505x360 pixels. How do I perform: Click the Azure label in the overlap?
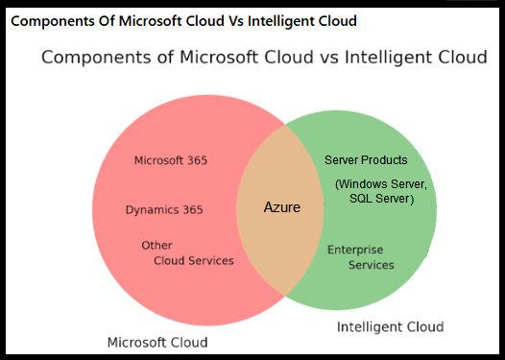coord(282,207)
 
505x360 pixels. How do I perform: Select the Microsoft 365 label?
coord(170,160)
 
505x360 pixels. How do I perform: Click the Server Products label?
coord(366,160)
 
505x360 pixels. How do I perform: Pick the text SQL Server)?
coord(381,199)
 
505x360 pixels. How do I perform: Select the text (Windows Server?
coord(381,183)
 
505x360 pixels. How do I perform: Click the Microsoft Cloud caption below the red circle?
coord(156,342)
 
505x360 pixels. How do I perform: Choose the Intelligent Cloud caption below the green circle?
coord(390,327)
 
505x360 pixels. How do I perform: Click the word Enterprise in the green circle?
coord(355,250)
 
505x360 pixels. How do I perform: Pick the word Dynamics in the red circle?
coord(152,209)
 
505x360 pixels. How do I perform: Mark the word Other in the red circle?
coord(156,246)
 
